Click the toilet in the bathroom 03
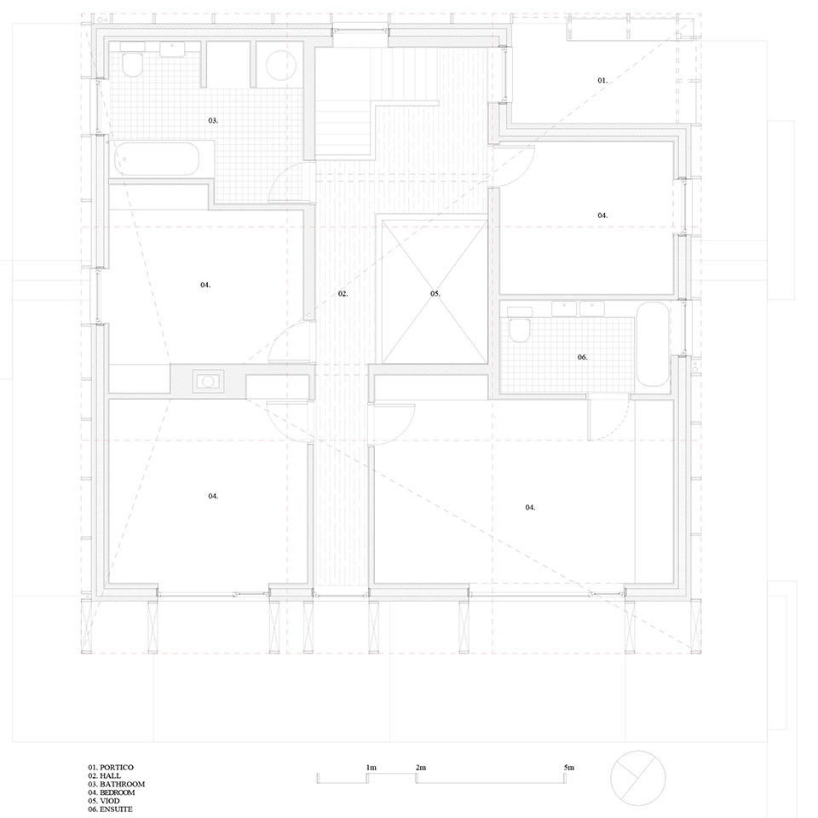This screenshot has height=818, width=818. [x=132, y=61]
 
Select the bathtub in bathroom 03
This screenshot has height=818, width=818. [x=157, y=159]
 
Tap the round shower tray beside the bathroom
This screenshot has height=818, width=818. [x=281, y=65]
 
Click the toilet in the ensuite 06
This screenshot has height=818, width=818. [x=520, y=326]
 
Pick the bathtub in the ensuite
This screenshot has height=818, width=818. [x=652, y=344]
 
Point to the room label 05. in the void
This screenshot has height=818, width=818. [x=435, y=294]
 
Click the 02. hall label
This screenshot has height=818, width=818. [x=343, y=294]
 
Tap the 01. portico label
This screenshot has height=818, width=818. [x=602, y=80]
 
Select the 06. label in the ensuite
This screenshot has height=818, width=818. [x=582, y=357]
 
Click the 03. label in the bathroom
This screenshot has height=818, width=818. [x=213, y=120]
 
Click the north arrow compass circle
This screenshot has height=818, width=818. [x=638, y=778]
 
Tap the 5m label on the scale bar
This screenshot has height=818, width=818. [x=568, y=768]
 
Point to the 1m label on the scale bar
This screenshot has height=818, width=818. [x=371, y=768]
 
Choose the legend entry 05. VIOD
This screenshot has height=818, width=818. [x=104, y=801]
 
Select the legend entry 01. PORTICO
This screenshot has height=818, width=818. [x=111, y=768]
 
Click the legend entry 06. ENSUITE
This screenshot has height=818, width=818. [x=110, y=809]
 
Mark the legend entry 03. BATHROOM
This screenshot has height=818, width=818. [x=117, y=784]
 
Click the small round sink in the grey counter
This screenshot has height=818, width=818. [x=208, y=382]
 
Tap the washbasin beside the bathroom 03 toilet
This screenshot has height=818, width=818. [x=171, y=49]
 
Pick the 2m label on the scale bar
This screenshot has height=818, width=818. [x=420, y=768]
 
